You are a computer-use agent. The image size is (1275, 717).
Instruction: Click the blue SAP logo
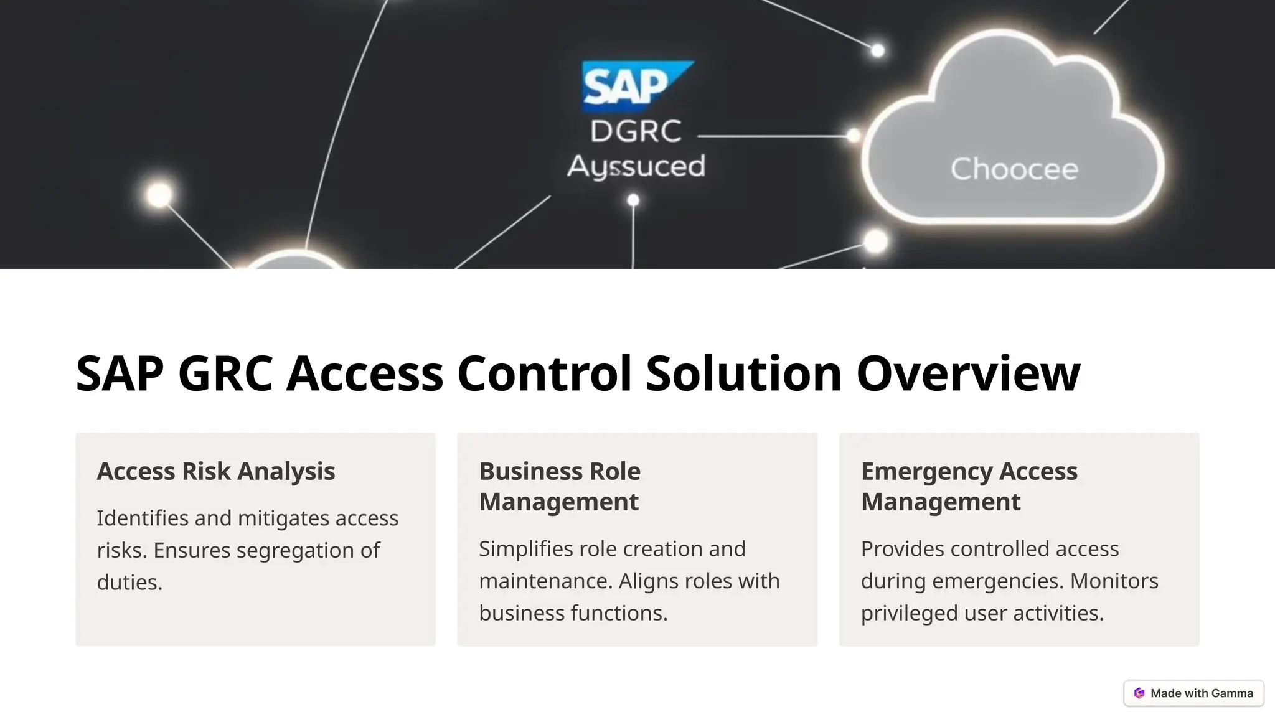pos(636,85)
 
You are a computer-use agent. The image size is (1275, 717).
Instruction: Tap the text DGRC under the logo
pos(636,131)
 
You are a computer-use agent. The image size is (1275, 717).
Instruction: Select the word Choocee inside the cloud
pos(1014,169)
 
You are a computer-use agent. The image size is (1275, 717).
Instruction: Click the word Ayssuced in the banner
pos(636,167)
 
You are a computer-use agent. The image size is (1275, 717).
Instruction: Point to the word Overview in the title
pos(968,373)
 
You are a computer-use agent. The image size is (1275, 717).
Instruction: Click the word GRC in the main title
pos(225,373)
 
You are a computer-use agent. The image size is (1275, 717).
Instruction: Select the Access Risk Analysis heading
pos(215,471)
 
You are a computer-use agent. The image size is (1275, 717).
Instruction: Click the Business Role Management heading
pos(559,486)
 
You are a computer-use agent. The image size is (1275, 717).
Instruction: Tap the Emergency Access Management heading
pos(969,486)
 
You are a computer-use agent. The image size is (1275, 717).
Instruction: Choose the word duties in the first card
pos(129,583)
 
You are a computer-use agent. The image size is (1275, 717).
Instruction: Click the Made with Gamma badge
pos(1193,693)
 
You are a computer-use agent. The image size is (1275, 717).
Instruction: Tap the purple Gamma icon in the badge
pos(1139,693)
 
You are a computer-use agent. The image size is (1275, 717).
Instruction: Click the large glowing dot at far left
pos(159,195)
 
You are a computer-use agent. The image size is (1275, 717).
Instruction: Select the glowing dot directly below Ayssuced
pos(633,200)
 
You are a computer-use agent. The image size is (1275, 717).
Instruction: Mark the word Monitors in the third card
pos(1114,581)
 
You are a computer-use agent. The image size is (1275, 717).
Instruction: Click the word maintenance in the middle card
pos(545,581)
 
